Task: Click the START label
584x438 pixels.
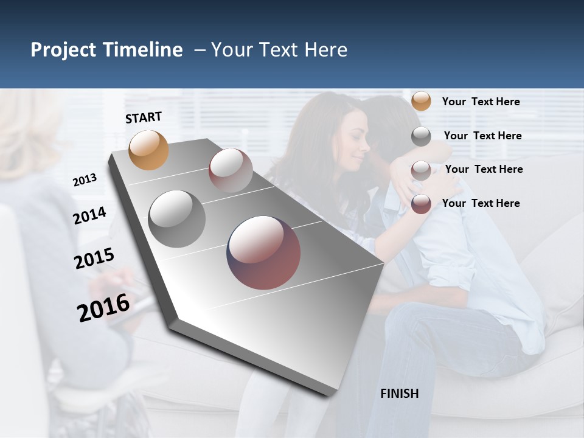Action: [x=144, y=117]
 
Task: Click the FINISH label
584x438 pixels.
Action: [x=399, y=394]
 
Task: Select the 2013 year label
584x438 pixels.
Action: [x=85, y=180]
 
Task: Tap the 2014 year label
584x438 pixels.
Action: [x=89, y=216]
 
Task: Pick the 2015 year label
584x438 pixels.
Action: [x=94, y=259]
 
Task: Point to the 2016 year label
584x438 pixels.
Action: [x=103, y=308]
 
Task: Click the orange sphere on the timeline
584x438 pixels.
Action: [x=149, y=150]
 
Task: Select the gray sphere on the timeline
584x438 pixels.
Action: [x=177, y=219]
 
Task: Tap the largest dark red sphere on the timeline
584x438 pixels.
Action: [x=263, y=252]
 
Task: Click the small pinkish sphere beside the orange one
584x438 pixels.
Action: [x=231, y=170]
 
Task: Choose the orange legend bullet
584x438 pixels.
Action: [x=421, y=101]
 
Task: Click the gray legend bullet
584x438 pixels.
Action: [x=421, y=136]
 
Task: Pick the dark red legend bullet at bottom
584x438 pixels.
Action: [x=421, y=204]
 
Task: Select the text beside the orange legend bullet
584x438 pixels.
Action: [x=481, y=102]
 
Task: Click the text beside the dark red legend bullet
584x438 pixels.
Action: [x=481, y=203]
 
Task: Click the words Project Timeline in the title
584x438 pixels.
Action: [x=106, y=50]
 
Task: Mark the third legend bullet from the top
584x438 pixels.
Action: [x=421, y=170]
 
